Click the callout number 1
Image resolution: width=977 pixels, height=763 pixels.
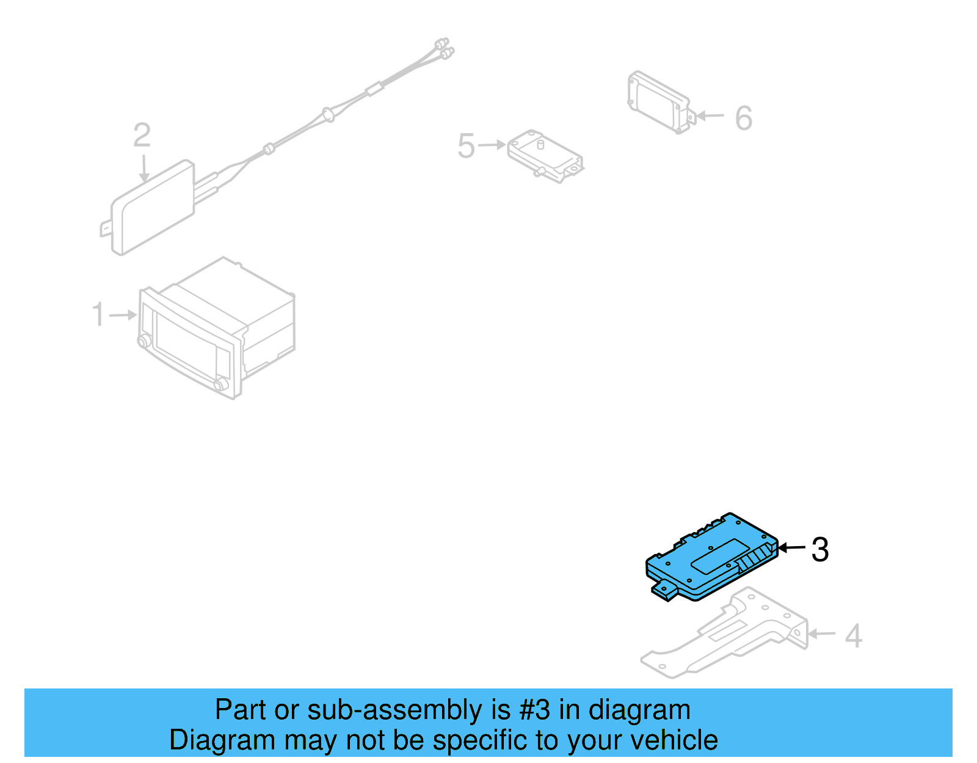click(x=98, y=315)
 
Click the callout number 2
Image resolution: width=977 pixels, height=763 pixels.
click(x=142, y=135)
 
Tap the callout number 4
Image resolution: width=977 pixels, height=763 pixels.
click(x=853, y=636)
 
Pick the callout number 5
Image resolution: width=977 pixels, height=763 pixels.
click(x=466, y=146)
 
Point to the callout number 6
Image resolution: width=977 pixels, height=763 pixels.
click(x=743, y=118)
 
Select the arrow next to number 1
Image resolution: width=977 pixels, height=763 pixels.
click(x=124, y=315)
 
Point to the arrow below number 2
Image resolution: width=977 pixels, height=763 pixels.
click(x=144, y=168)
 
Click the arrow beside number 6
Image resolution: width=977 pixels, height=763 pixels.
click(x=710, y=115)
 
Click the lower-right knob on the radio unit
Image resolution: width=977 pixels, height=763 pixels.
click(x=220, y=384)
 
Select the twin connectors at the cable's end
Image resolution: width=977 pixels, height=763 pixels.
click(x=444, y=49)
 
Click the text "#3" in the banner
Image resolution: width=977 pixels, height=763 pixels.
click(x=536, y=710)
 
